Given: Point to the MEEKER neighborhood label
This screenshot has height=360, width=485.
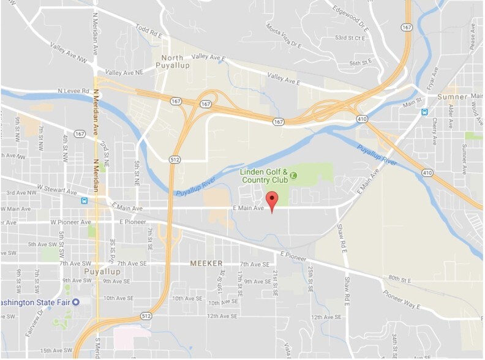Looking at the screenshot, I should [204, 263].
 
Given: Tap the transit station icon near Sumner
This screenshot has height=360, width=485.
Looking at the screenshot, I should [425, 111].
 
